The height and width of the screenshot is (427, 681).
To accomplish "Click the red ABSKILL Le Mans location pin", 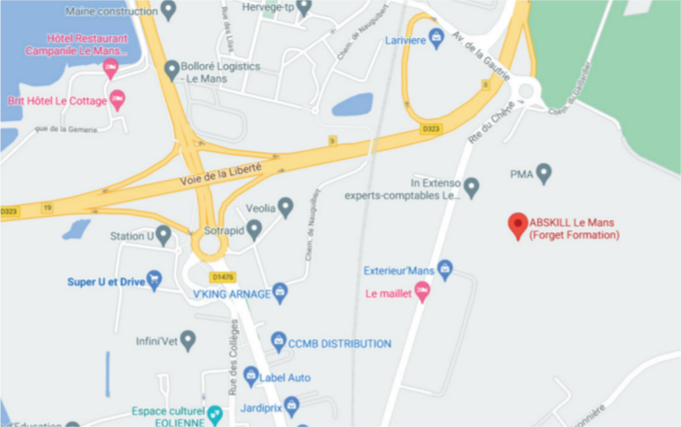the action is tap(518, 224).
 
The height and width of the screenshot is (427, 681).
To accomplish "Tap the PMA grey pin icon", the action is tap(543, 172).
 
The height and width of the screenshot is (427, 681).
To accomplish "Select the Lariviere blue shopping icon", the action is tap(437, 38).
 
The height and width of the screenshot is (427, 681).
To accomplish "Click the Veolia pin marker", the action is tap(286, 207).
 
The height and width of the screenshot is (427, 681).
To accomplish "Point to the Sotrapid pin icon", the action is tap(254, 229).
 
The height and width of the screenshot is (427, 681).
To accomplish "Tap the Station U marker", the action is tap(163, 236).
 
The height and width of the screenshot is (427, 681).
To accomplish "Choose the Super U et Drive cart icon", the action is tap(154, 281).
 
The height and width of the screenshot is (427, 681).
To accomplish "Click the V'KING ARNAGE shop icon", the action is tap(280, 292).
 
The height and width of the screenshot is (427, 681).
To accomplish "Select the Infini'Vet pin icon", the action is tap(188, 340).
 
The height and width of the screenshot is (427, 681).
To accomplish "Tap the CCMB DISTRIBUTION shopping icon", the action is tap(278, 343).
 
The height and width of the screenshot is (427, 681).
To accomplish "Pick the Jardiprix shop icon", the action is tap(291, 406).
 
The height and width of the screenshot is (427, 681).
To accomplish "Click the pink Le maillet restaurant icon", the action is tap(421, 292).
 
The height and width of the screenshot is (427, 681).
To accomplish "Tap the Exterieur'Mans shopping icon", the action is tap(445, 270).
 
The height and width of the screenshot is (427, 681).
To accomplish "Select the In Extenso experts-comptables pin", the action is tap(471, 188).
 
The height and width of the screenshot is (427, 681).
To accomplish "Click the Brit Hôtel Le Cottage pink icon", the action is tap(116, 99).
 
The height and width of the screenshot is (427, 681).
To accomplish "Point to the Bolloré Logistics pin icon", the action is tap(171, 70).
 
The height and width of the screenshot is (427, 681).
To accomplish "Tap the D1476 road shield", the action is tap(221, 277).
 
